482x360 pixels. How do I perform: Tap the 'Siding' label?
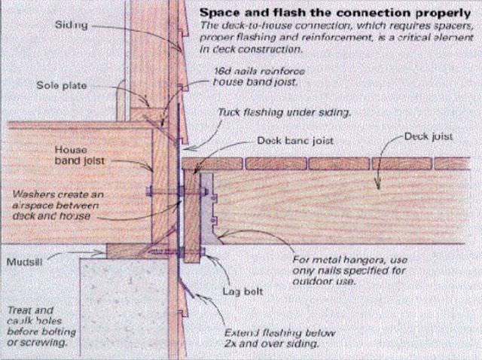(x=72, y=26)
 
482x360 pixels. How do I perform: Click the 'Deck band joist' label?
(x=295, y=140)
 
